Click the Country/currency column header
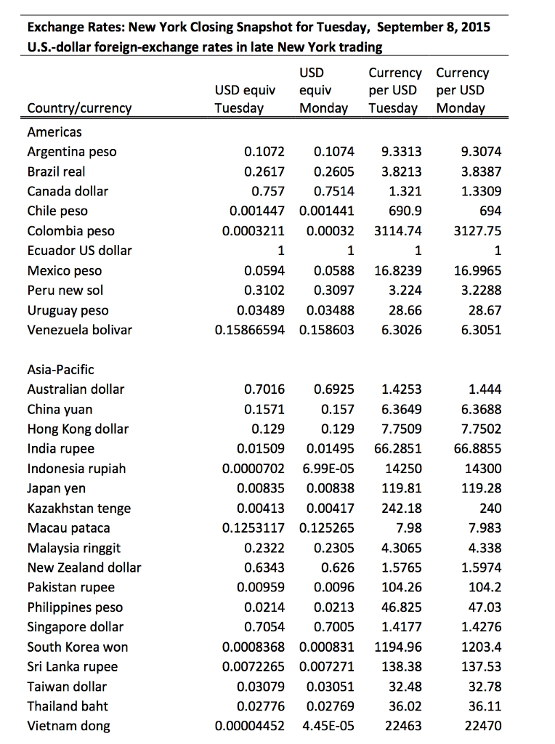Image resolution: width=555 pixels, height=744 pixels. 79,108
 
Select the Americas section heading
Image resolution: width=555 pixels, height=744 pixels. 54,132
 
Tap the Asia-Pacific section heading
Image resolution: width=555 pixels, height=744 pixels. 60,370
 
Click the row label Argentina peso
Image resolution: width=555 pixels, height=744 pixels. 71,152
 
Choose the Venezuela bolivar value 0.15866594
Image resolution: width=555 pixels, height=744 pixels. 250,331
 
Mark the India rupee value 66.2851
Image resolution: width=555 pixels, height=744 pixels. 397,449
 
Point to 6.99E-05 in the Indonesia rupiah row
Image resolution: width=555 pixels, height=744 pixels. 326,469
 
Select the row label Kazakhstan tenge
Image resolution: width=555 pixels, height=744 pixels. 79,508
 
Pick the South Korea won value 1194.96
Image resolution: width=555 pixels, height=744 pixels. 397,647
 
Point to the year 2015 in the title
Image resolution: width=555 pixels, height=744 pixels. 474,28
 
